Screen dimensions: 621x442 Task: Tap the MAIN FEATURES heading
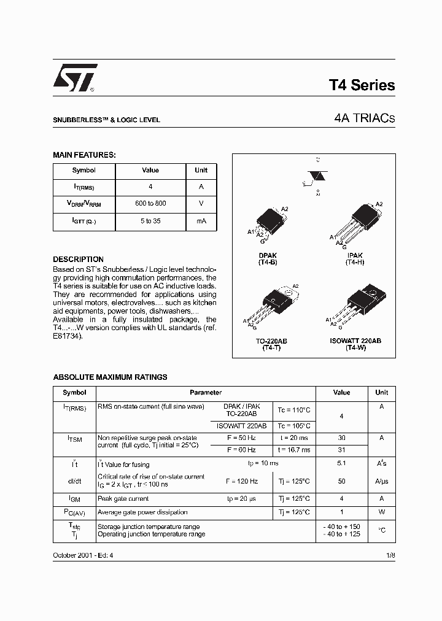pyautogui.click(x=84, y=155)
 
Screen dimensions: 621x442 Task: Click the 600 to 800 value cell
pyautogui.click(x=150, y=203)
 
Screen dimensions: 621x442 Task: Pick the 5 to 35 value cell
pyautogui.click(x=150, y=221)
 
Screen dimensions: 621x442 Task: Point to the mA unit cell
pyautogui.click(x=201, y=221)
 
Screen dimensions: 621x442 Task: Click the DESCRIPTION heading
pyautogui.click(x=78, y=260)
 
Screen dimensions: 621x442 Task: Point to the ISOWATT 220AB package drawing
pyautogui.click(x=361, y=305)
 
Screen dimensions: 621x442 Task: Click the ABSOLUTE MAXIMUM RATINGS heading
pyautogui.click(x=110, y=377)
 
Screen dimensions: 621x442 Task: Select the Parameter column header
pyautogui.click(x=206, y=393)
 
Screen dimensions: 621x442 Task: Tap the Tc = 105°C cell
pyautogui.click(x=294, y=426)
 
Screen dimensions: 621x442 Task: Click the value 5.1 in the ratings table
pyautogui.click(x=341, y=464)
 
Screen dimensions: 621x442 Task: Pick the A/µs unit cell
pyautogui.click(x=381, y=481)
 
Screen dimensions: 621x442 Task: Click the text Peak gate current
pyautogui.click(x=123, y=499)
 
